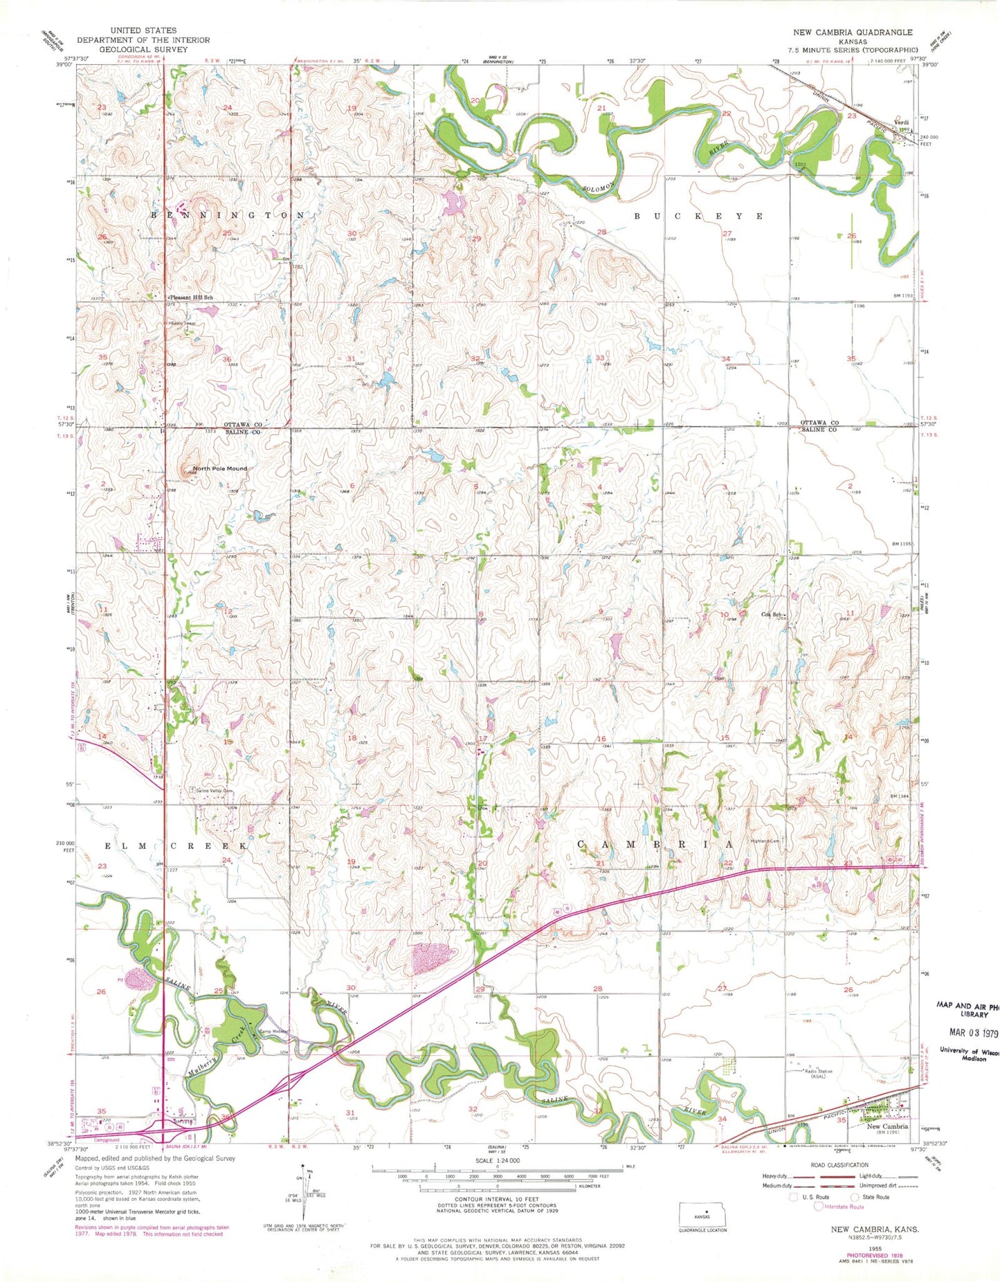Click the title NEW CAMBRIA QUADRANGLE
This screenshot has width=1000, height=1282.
pyautogui.click(x=853, y=33)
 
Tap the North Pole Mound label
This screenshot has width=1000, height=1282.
pyautogui.click(x=219, y=468)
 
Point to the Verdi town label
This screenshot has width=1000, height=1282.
pyautogui.click(x=901, y=122)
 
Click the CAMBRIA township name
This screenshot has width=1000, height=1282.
pyautogui.click(x=655, y=845)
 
